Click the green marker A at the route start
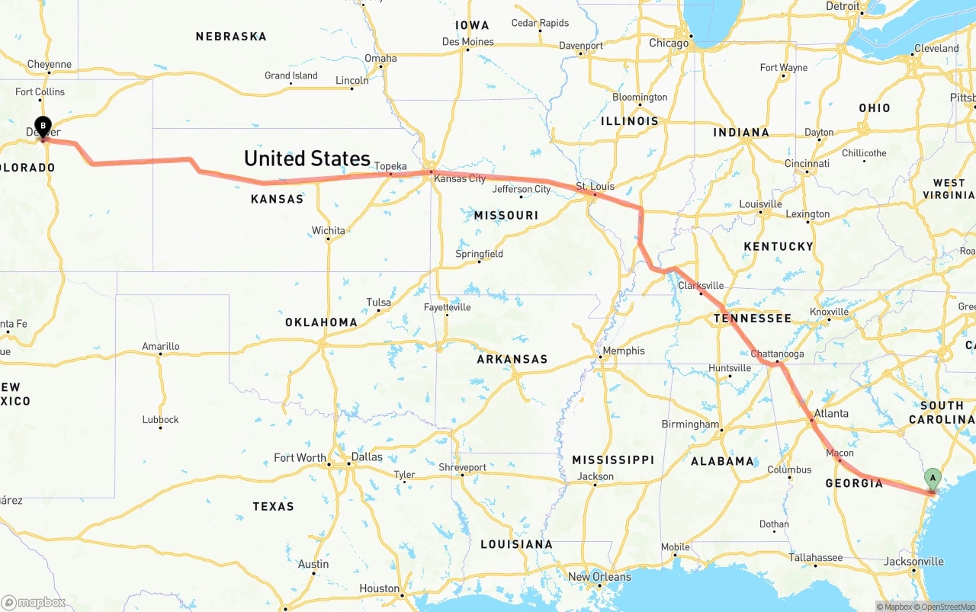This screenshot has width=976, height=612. (x=932, y=479)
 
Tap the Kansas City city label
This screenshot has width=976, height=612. (x=459, y=178)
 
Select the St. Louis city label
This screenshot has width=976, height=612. (x=595, y=186)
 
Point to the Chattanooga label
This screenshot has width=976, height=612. (x=777, y=354)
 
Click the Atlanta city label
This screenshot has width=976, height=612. (x=831, y=413)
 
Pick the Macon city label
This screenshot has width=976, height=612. (x=840, y=453)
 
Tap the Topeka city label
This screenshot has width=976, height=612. (x=390, y=166)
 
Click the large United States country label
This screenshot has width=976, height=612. (x=307, y=159)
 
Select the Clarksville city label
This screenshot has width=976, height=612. (x=701, y=285)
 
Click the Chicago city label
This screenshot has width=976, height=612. (x=669, y=43)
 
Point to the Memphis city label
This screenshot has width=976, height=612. (x=623, y=351)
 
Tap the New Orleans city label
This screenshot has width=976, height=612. (x=599, y=576)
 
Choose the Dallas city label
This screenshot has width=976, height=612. (x=367, y=457)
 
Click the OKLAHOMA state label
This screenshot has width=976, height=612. (x=321, y=322)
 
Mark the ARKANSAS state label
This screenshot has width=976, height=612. (x=512, y=359)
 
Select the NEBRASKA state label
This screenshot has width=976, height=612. (x=231, y=36)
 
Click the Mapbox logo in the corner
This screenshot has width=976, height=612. (x=34, y=602)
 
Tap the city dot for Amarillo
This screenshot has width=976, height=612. (x=161, y=354)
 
